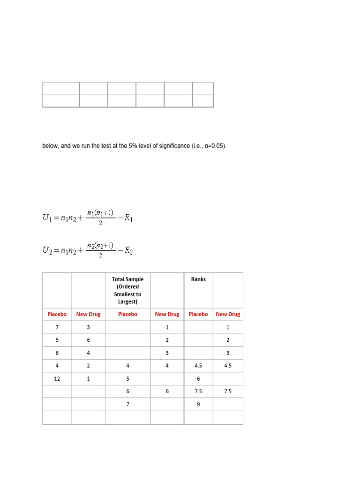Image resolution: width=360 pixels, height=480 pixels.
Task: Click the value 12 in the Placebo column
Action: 57,379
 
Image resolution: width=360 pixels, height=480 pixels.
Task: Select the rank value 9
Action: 198,405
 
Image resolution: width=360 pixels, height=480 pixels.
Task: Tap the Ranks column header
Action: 198,279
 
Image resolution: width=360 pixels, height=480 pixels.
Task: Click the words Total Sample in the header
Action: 127,279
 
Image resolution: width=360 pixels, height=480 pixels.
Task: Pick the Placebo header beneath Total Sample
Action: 127,315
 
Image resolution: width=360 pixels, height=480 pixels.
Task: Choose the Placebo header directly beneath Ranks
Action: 198,315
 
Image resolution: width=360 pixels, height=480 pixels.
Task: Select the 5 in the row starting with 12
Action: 127,379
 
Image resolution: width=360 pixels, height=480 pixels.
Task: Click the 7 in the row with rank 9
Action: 127,405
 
